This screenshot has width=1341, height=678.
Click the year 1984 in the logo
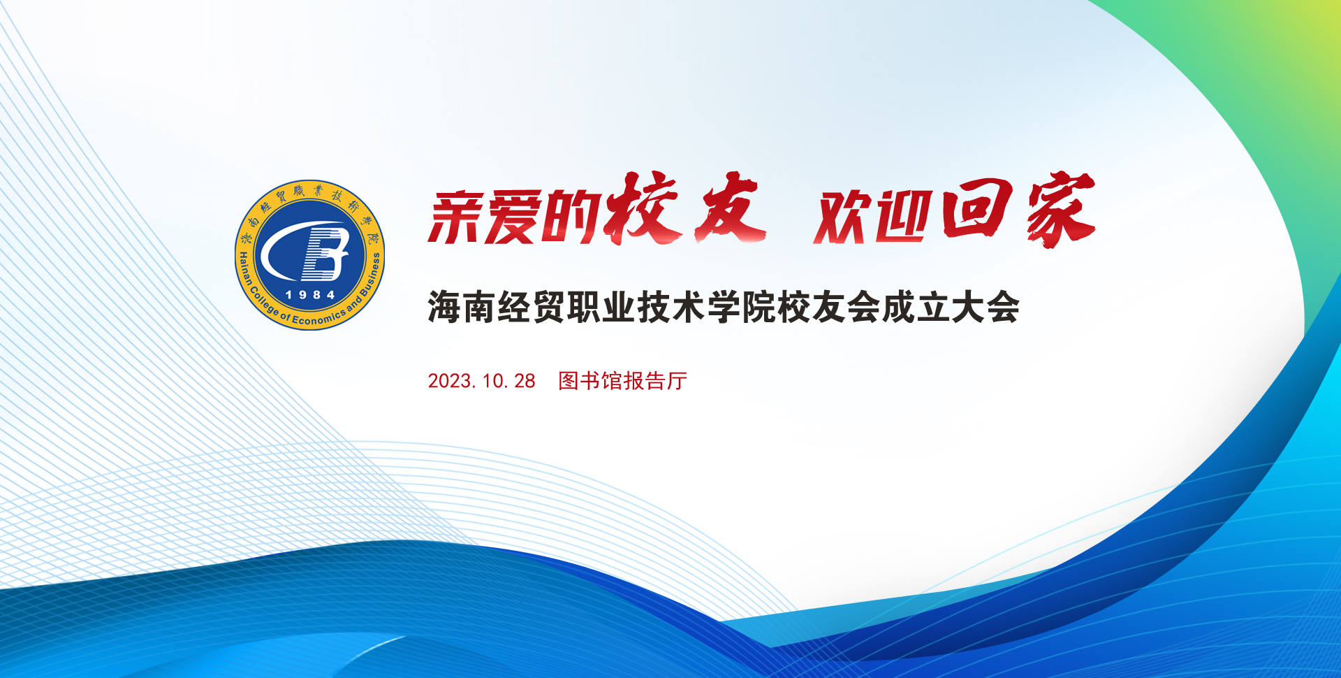pos(311,295)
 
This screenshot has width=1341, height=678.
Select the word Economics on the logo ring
pos(318,319)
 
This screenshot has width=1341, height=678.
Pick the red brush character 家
pos(1061,210)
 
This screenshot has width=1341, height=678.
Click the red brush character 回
pos(977,208)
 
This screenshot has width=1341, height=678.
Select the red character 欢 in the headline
pos(844,217)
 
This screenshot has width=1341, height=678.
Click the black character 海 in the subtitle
pos(445,308)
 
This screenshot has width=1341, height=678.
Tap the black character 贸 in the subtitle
pos(550,308)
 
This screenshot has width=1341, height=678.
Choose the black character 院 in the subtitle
pos(759,308)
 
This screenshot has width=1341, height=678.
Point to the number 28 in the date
pos(525,381)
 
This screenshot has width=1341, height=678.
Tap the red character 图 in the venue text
pos(569,381)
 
